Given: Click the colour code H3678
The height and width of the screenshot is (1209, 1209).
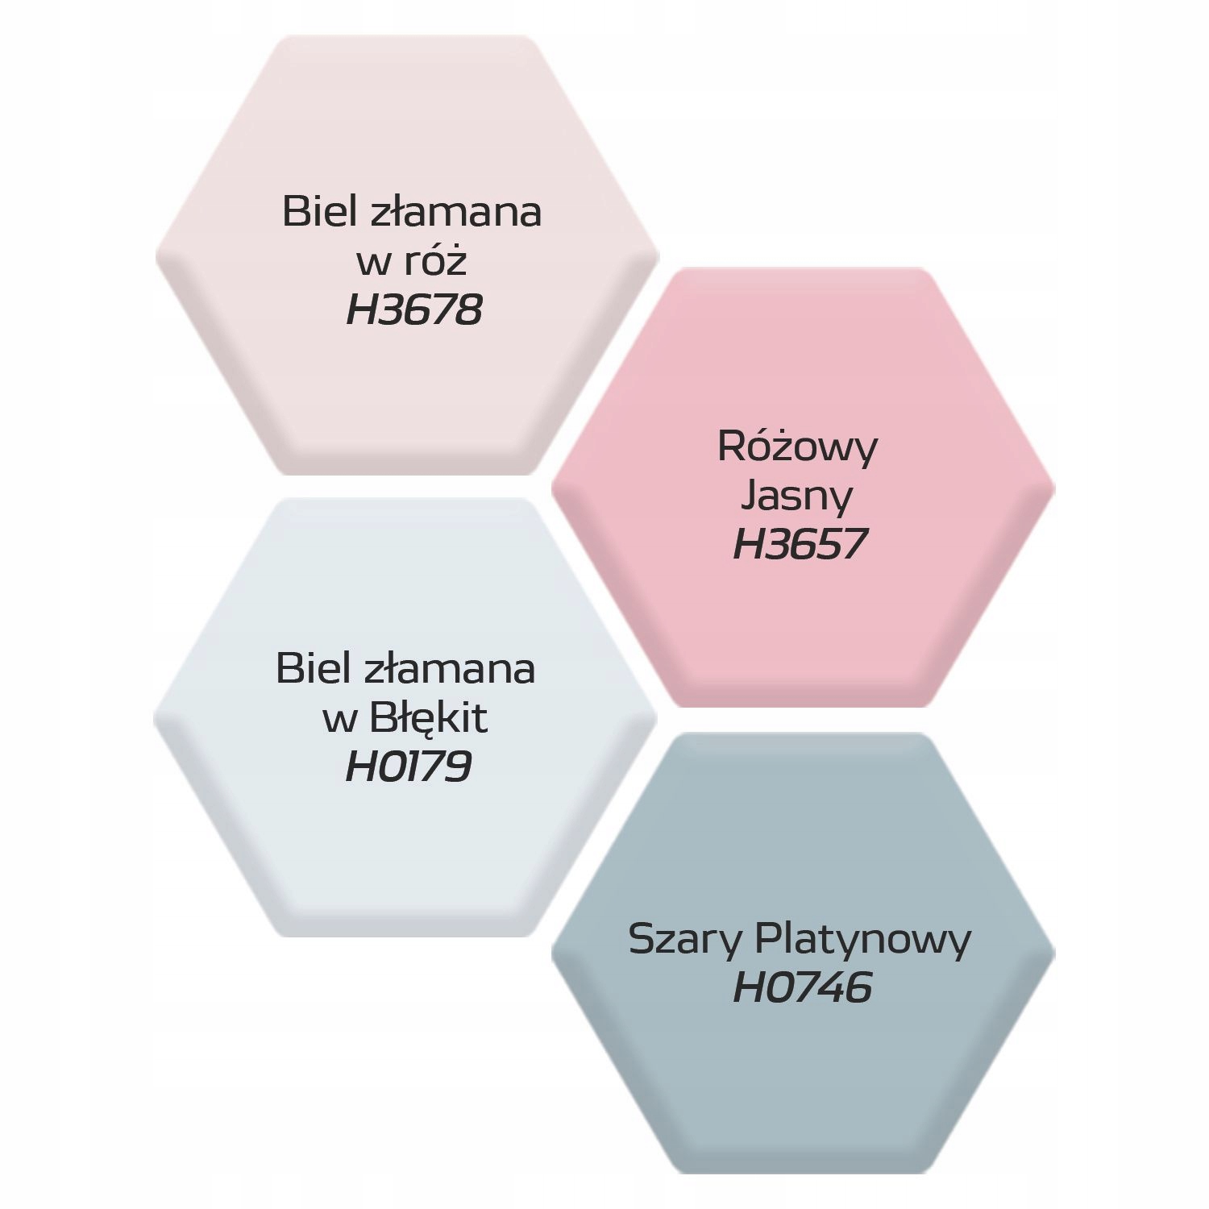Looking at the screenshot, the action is (x=414, y=310).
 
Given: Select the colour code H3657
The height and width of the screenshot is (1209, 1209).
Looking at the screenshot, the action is (x=800, y=544).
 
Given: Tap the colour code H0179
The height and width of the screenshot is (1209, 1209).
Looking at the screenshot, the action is (x=408, y=767).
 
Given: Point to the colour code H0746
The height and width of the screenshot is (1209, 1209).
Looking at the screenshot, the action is (x=803, y=988).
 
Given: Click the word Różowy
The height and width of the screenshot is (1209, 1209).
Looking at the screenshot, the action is (x=797, y=447).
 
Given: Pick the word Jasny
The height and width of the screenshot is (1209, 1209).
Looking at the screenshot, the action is (x=796, y=496).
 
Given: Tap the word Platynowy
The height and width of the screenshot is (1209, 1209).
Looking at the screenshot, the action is (x=862, y=941).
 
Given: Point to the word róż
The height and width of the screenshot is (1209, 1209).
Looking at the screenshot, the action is (x=435, y=261).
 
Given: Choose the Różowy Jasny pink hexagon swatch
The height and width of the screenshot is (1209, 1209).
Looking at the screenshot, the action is (x=803, y=629).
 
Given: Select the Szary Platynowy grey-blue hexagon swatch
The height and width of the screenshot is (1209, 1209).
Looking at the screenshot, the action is (x=803, y=1080).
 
